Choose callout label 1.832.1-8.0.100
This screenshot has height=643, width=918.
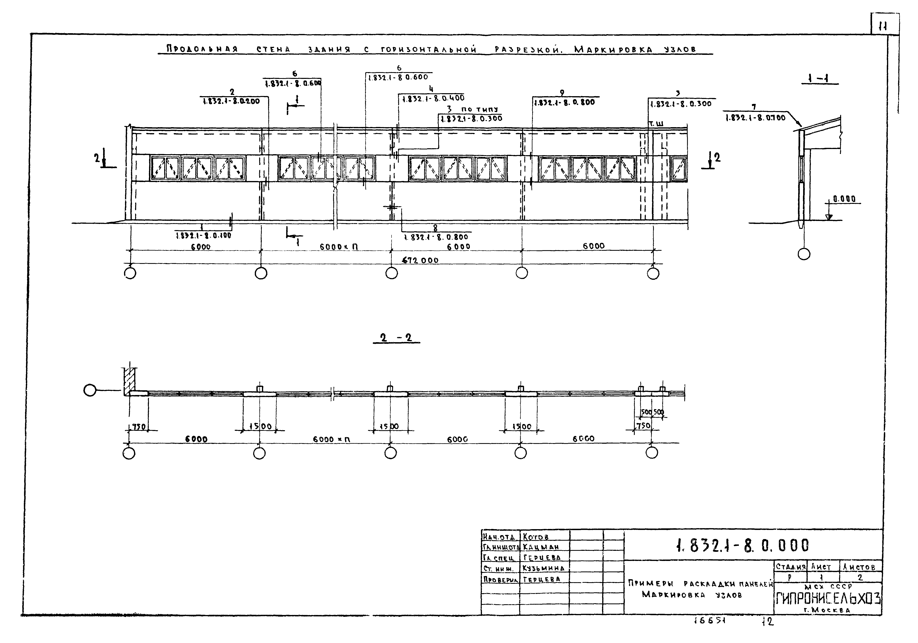pyautogui.click(x=203, y=236)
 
